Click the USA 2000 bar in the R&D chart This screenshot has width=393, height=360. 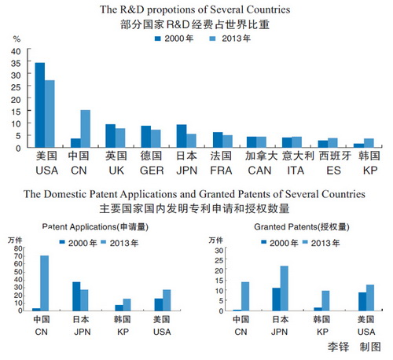point(40,105)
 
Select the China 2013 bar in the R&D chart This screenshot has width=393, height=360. point(86,129)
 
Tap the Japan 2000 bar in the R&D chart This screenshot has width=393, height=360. point(182,136)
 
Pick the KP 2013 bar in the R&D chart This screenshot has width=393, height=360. point(369,143)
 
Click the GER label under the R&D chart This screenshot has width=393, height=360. point(152,171)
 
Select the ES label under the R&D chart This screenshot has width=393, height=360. point(333,171)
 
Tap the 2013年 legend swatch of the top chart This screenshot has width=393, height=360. point(213,39)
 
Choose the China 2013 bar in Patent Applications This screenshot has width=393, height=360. point(44,283)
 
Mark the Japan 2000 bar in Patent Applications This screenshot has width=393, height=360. point(76,296)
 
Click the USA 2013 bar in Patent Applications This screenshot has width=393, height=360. point(167,300)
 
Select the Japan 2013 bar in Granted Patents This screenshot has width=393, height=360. point(285,288)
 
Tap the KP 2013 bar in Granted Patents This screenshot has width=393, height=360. point(325,301)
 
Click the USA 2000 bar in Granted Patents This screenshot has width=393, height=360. point(362,302)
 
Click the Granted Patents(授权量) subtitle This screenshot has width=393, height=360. point(302,227)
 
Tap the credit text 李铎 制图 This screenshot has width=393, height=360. point(354,347)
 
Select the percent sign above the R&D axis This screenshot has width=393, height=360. point(17,39)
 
